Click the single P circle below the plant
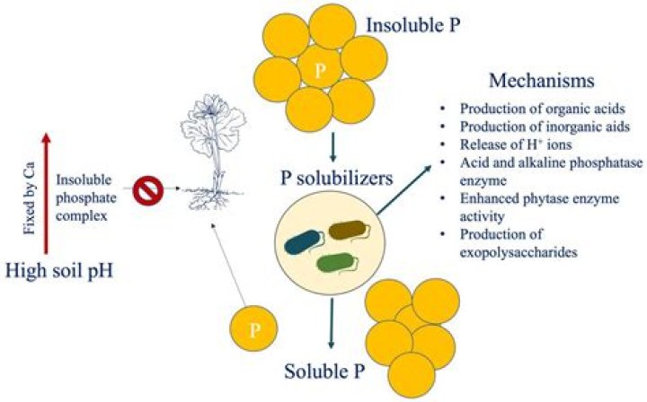click(x=256, y=328)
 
